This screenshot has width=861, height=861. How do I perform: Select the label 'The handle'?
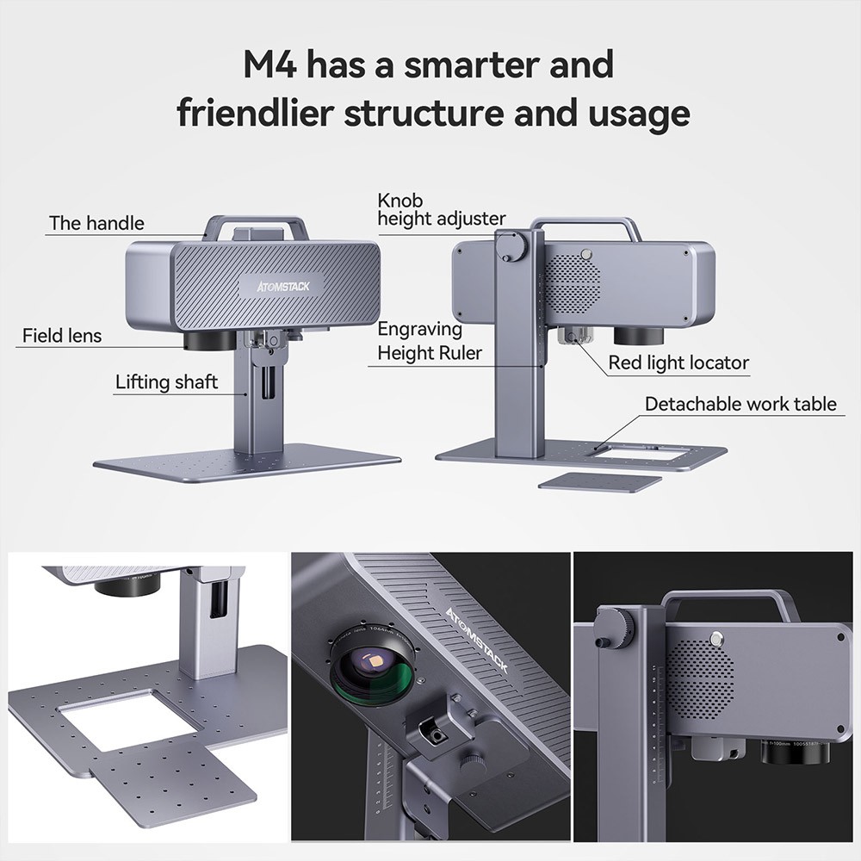[96, 223]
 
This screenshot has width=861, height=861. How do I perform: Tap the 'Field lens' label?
[63, 335]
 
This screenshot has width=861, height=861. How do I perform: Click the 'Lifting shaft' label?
[167, 381]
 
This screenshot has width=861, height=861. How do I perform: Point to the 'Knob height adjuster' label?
[441, 210]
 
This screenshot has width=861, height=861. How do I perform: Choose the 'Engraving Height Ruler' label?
[430, 341]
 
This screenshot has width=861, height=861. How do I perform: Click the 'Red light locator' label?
[678, 362]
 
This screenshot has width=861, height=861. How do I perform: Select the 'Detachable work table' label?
[740, 404]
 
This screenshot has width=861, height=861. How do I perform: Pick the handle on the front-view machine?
[255, 228]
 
